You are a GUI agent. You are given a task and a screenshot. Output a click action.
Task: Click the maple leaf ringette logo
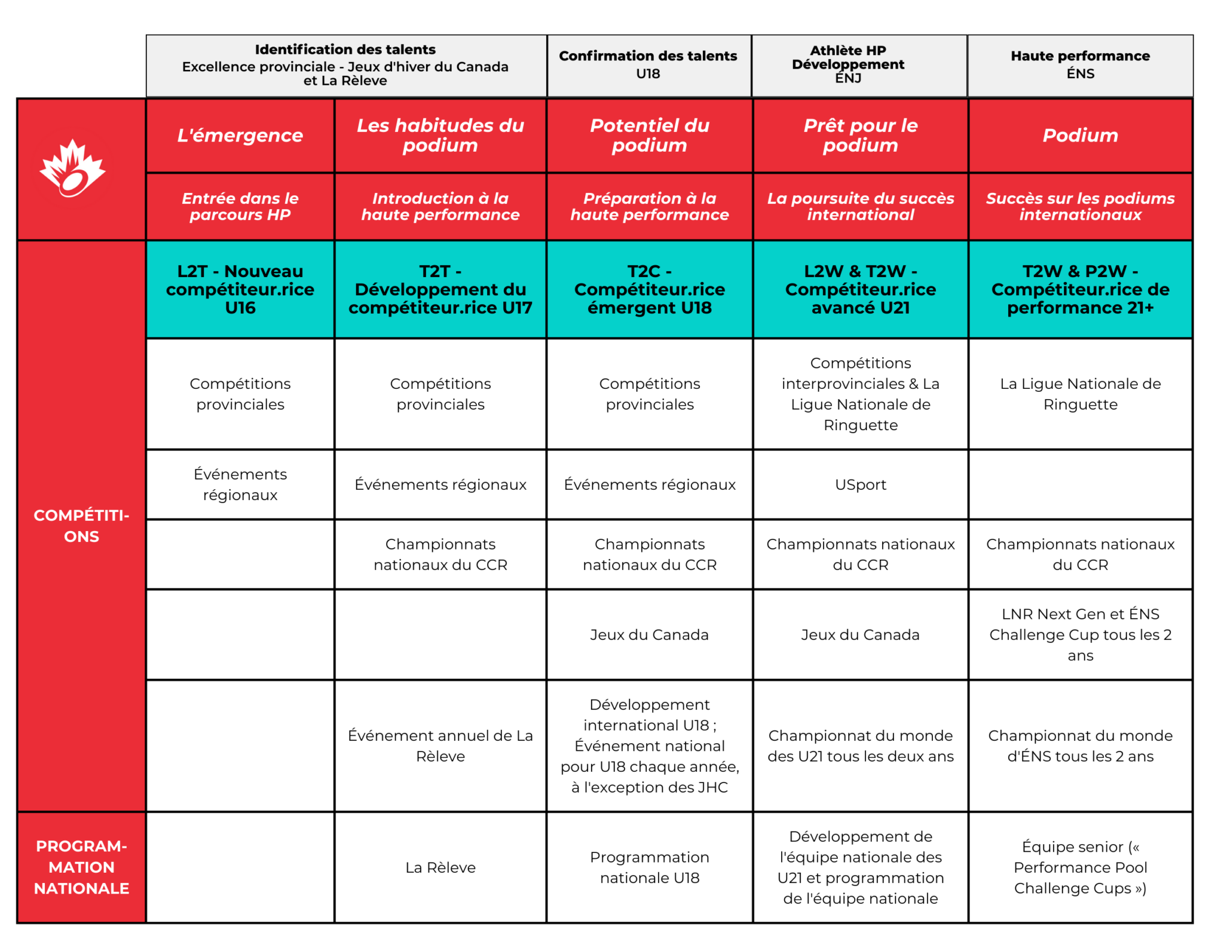coord(72,169)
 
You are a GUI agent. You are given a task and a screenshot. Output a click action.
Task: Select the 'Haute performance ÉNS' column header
coord(1080,65)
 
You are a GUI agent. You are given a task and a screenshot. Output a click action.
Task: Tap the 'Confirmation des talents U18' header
coord(648,65)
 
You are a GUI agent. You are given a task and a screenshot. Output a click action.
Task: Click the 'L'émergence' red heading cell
coord(240,136)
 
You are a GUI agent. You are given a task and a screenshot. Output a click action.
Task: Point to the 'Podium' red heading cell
coord(1080,136)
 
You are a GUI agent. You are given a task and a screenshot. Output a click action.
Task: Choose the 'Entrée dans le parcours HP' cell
coord(240,207)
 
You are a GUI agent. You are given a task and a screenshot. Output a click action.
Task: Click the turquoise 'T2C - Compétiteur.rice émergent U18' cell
coord(650,290)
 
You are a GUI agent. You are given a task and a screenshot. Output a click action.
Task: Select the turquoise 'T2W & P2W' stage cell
coord(1080,290)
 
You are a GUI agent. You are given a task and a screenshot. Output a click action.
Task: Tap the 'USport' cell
coord(860,484)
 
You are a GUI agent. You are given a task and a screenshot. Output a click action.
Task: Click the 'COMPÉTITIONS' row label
coord(81,526)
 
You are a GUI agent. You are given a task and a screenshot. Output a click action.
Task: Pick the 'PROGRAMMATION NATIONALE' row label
coord(81,867)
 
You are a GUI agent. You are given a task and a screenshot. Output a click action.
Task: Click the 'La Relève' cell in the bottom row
coord(440,867)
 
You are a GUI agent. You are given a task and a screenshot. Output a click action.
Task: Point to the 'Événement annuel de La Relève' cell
coord(440,745)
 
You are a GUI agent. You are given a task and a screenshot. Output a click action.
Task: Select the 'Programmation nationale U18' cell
coord(650,867)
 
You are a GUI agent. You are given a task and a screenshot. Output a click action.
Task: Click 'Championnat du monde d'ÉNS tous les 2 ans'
coord(1080,745)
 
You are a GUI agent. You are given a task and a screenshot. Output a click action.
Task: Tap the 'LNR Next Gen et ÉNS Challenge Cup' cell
coord(1080,634)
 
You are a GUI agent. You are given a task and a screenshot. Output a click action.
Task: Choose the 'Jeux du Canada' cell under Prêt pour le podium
coord(860,634)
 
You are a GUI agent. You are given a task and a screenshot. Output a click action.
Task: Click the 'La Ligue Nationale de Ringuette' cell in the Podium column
coord(1080,394)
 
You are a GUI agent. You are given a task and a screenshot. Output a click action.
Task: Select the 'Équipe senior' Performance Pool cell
coord(1080,867)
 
